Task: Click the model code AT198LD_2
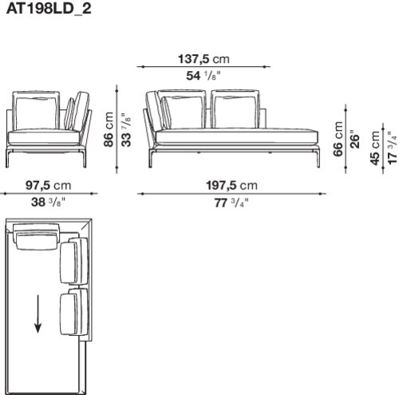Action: click(x=49, y=9)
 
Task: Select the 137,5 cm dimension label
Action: click(x=203, y=59)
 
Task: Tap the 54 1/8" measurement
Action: click(x=203, y=76)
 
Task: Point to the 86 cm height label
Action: click(x=109, y=129)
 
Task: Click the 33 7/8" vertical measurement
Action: click(x=126, y=130)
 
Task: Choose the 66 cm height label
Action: click(x=338, y=139)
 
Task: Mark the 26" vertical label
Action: click(x=354, y=139)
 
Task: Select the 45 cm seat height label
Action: click(x=374, y=148)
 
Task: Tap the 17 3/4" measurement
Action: click(x=393, y=148)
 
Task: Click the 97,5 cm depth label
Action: click(x=49, y=185)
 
